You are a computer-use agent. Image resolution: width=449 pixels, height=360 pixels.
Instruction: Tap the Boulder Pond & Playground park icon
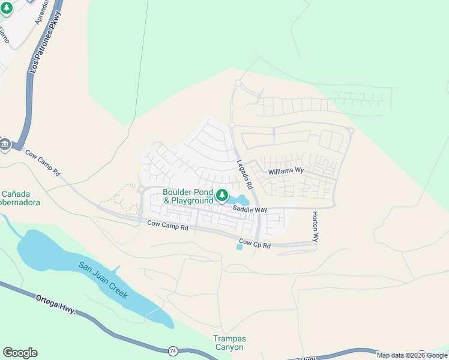click(222, 194)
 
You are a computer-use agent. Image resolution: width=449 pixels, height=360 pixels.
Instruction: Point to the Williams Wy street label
click(286, 172)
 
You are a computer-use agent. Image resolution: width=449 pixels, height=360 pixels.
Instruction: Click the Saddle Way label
click(250, 209)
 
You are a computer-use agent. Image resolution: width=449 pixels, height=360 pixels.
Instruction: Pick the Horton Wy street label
click(315, 226)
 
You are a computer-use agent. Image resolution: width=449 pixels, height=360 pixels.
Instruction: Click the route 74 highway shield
click(173, 350)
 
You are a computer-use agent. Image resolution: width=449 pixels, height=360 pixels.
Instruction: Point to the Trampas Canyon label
click(229, 343)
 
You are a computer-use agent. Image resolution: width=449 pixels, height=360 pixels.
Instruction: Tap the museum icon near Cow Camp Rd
click(5, 145)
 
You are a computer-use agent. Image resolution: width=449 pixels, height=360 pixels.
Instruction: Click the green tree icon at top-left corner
click(7, 8)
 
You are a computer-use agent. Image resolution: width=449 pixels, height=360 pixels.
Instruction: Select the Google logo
click(20, 353)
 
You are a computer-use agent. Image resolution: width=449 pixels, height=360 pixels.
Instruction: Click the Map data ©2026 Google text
click(412, 355)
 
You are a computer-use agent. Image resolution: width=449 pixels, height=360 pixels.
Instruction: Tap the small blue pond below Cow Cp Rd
click(240, 247)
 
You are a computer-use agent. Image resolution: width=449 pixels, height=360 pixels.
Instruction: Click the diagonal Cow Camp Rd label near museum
click(43, 162)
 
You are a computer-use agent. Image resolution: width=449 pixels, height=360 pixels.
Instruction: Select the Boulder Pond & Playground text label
click(188, 196)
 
